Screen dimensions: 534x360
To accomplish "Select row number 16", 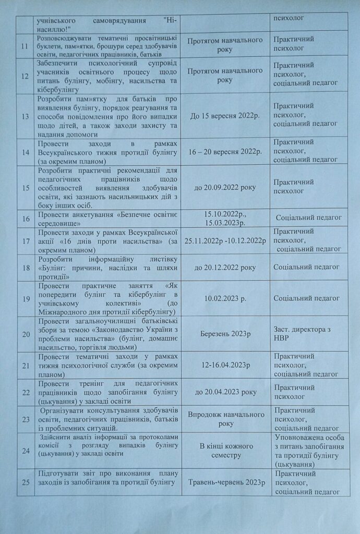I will (x=24, y=217).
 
